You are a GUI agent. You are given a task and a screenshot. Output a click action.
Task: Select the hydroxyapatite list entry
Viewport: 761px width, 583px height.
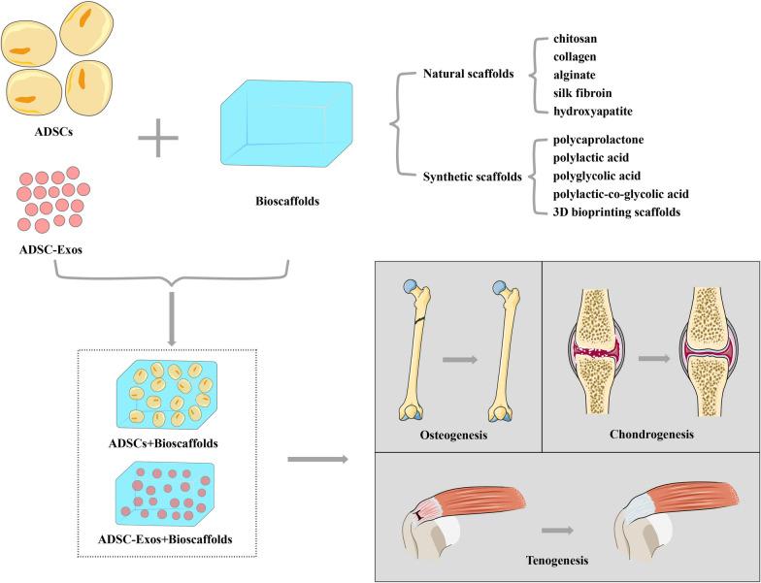pos(592,111)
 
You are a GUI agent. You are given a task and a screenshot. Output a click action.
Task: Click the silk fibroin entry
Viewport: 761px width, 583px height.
pos(582,93)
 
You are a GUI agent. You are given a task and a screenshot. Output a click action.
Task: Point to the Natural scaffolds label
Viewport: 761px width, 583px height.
pos(469,74)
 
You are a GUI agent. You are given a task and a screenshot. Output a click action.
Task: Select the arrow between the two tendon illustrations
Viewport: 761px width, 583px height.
pos(556,531)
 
